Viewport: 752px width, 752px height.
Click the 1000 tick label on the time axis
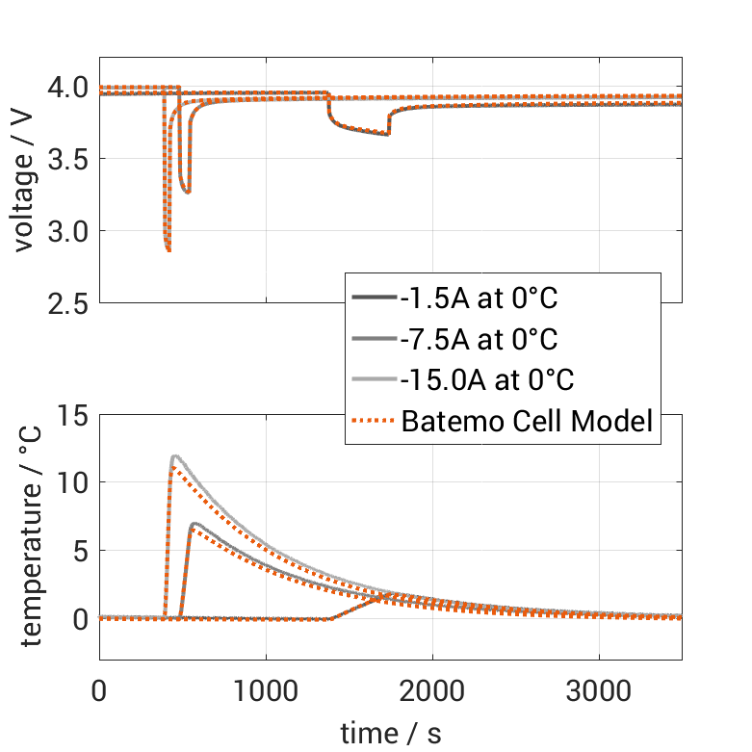click(266, 690)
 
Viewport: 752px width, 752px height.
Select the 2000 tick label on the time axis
click(432, 690)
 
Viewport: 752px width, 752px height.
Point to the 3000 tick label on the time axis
click(599, 690)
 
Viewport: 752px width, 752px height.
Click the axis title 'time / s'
click(391, 734)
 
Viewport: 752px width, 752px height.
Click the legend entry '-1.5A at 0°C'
click(479, 298)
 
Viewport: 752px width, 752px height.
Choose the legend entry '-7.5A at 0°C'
click(479, 339)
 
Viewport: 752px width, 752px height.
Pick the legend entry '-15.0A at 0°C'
click(486, 379)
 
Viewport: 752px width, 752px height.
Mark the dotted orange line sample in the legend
click(374, 421)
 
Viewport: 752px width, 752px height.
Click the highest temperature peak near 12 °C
click(174, 456)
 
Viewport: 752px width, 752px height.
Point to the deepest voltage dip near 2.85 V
click(169, 250)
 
